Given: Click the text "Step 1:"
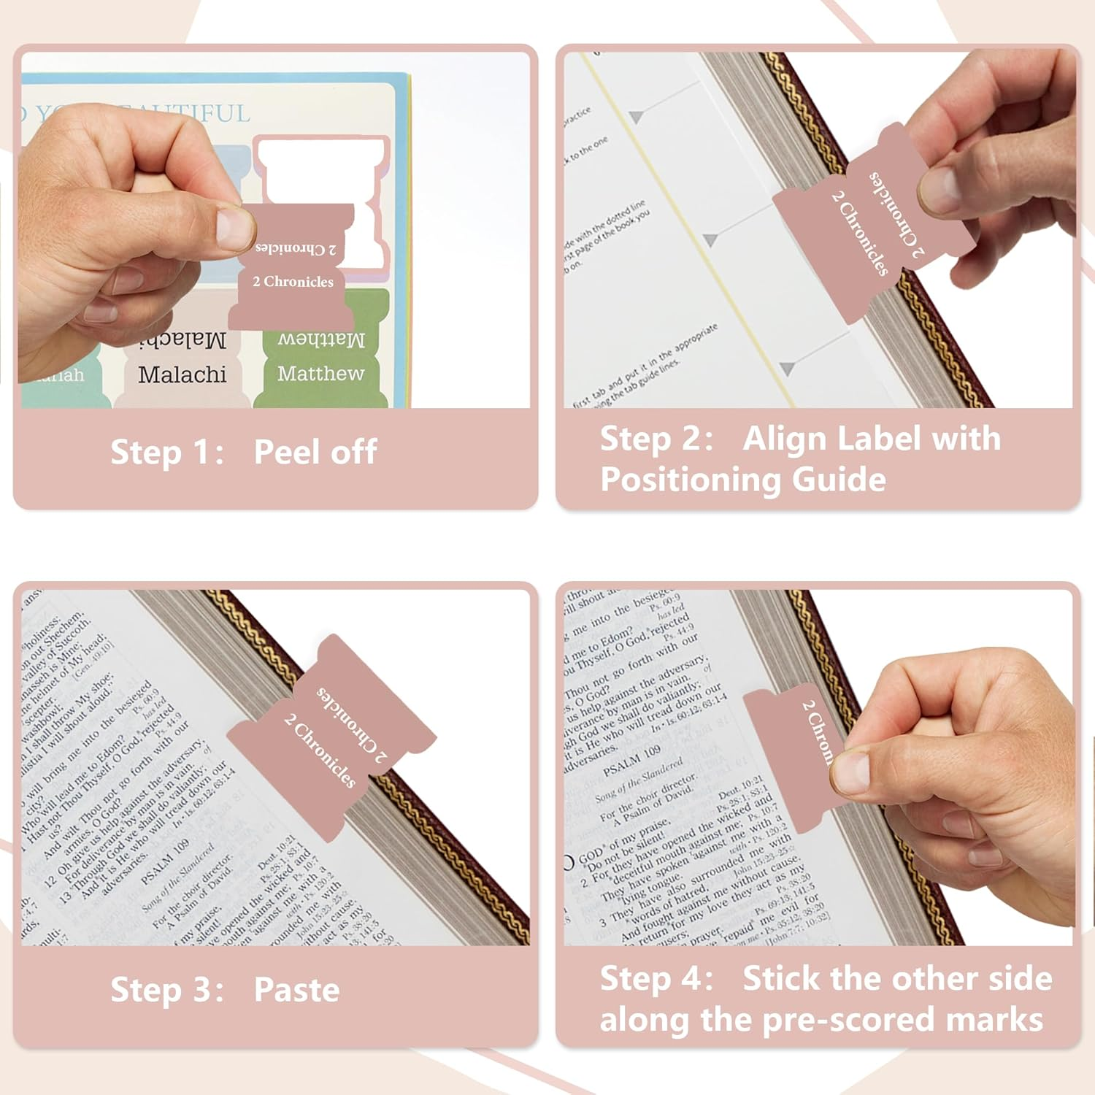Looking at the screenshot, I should click(x=166, y=452).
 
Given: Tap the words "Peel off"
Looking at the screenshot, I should click(x=315, y=452).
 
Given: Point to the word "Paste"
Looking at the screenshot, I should click(x=296, y=990).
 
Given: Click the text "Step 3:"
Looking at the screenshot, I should click(x=166, y=990).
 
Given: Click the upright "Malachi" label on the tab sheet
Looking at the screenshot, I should click(x=182, y=374).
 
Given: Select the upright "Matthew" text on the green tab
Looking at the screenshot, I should click(x=320, y=374).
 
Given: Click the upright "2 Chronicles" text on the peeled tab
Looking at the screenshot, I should click(x=293, y=282).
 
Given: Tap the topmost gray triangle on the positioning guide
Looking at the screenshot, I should click(x=637, y=116).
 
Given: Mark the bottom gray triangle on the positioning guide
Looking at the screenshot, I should click(x=787, y=368).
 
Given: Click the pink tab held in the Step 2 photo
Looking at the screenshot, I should click(x=869, y=226).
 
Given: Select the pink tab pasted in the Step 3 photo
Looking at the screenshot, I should click(x=332, y=737).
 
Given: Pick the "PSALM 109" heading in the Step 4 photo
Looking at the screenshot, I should click(x=631, y=760).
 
